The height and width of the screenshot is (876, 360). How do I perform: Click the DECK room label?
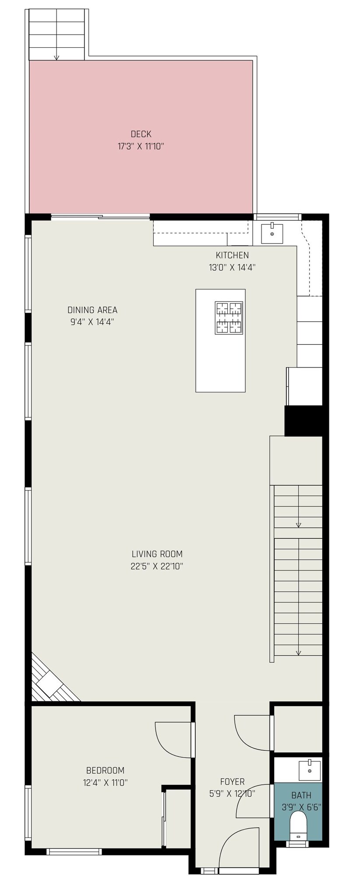coord(141,134)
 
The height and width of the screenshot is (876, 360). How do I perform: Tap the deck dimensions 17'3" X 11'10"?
coord(141,146)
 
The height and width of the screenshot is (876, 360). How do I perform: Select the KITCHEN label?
coord(232,255)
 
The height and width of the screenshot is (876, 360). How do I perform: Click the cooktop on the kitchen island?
coord(229,318)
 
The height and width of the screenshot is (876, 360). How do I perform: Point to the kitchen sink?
coord(272,233)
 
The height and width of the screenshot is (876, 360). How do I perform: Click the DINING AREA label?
coord(92,310)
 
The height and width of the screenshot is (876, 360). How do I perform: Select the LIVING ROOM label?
coord(157,554)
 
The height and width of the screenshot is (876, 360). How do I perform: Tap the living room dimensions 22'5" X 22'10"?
coord(157,566)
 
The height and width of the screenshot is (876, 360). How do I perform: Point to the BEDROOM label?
coord(105,770)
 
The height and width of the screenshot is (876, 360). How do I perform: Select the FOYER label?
coord(232,781)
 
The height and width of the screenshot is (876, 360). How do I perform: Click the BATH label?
coord(301,795)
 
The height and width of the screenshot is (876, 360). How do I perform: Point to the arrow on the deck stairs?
coord(56,56)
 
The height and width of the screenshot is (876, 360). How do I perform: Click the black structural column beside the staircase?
coord(304,421)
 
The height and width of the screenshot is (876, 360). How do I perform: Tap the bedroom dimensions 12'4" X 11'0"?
coord(106,782)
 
